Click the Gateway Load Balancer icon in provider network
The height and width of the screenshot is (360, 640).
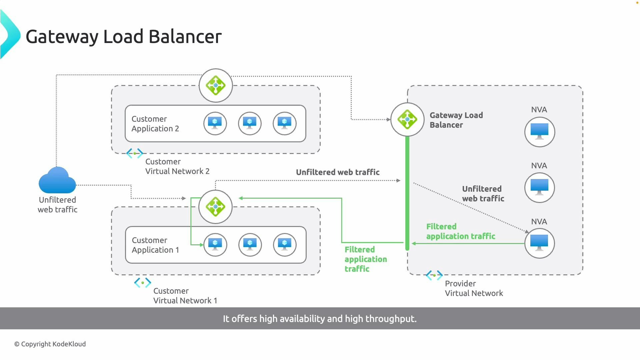pos(407,119)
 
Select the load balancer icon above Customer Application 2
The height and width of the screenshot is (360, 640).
pos(216,85)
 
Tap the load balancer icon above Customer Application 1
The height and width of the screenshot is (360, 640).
pos(215,207)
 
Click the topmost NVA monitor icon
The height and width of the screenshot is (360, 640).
pos(539,132)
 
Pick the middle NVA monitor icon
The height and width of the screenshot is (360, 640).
pos(539,188)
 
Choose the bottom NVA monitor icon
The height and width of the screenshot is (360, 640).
pos(539,243)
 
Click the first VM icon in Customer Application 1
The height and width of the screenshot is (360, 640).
pos(215,245)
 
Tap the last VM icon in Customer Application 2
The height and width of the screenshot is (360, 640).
pos(284,123)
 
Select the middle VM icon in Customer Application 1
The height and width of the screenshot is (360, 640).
pos(250,245)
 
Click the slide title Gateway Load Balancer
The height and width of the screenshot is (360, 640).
pos(124,36)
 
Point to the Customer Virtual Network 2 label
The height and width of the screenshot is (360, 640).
pos(177,166)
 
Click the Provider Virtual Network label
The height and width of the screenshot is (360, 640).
pos(474,288)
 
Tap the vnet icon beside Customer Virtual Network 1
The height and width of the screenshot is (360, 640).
pos(143,283)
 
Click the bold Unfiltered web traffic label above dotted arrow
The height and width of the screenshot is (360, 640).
pos(338,172)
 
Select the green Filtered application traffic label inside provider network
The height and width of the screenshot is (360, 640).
pos(460,231)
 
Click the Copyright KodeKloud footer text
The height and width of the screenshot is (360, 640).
pos(50,344)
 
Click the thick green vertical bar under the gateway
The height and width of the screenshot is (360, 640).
pos(407,193)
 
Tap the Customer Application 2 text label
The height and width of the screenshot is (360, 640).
pos(155,124)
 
